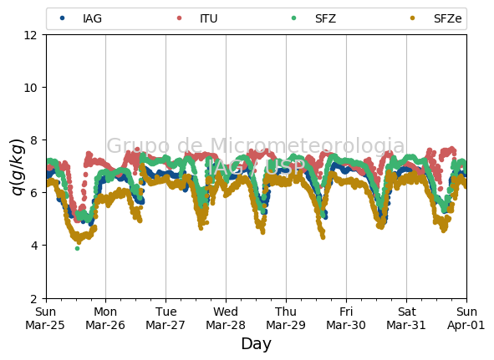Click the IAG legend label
tap(92, 18)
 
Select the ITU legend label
tap(209, 18)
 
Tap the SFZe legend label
tap(448, 18)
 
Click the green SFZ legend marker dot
tap(294, 18)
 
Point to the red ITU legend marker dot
tap(179, 18)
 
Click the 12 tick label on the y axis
tap(31, 35)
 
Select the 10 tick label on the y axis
tap(31, 88)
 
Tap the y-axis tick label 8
tap(33, 140)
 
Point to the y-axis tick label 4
tap(33, 246)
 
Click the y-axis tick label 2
tap(33, 298)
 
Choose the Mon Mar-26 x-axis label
tap(105, 318)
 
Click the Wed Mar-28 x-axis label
tap(226, 318)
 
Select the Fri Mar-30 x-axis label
tap(346, 318)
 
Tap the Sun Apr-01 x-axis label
tap(466, 318)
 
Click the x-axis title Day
tap(256, 343)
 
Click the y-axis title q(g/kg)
tap(18, 166)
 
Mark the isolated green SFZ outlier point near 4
tap(77, 249)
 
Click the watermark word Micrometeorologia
tap(307, 145)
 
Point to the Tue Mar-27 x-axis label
tap(166, 318)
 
